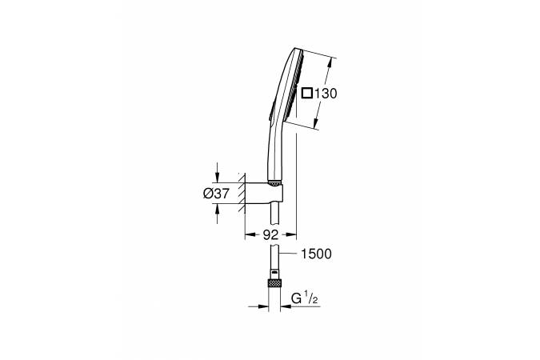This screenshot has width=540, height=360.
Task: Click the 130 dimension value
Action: pyautogui.click(x=325, y=94)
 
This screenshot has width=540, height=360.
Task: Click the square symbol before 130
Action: pyautogui.click(x=307, y=94)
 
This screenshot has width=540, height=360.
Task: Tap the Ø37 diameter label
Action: pyautogui.click(x=216, y=194)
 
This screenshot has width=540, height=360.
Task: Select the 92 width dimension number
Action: pyautogui.click(x=270, y=235)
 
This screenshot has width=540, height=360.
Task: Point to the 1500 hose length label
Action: pyautogui.click(x=316, y=254)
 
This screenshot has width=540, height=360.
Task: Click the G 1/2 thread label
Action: pyautogui.click(x=304, y=298)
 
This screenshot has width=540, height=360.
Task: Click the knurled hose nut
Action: pyautogui.click(x=274, y=283)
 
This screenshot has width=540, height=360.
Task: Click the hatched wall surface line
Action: pyautogui.click(x=242, y=194)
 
